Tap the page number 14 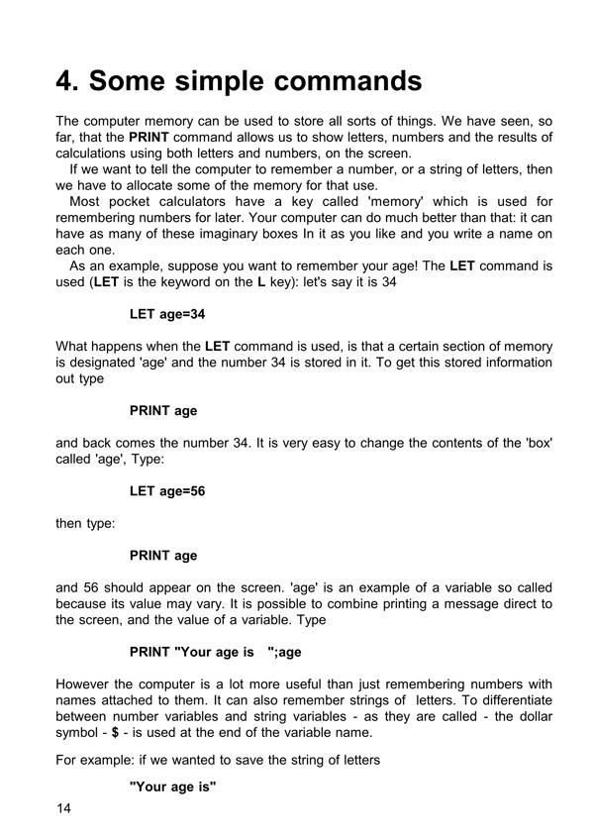(x=64, y=809)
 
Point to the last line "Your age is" (x=173, y=787)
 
